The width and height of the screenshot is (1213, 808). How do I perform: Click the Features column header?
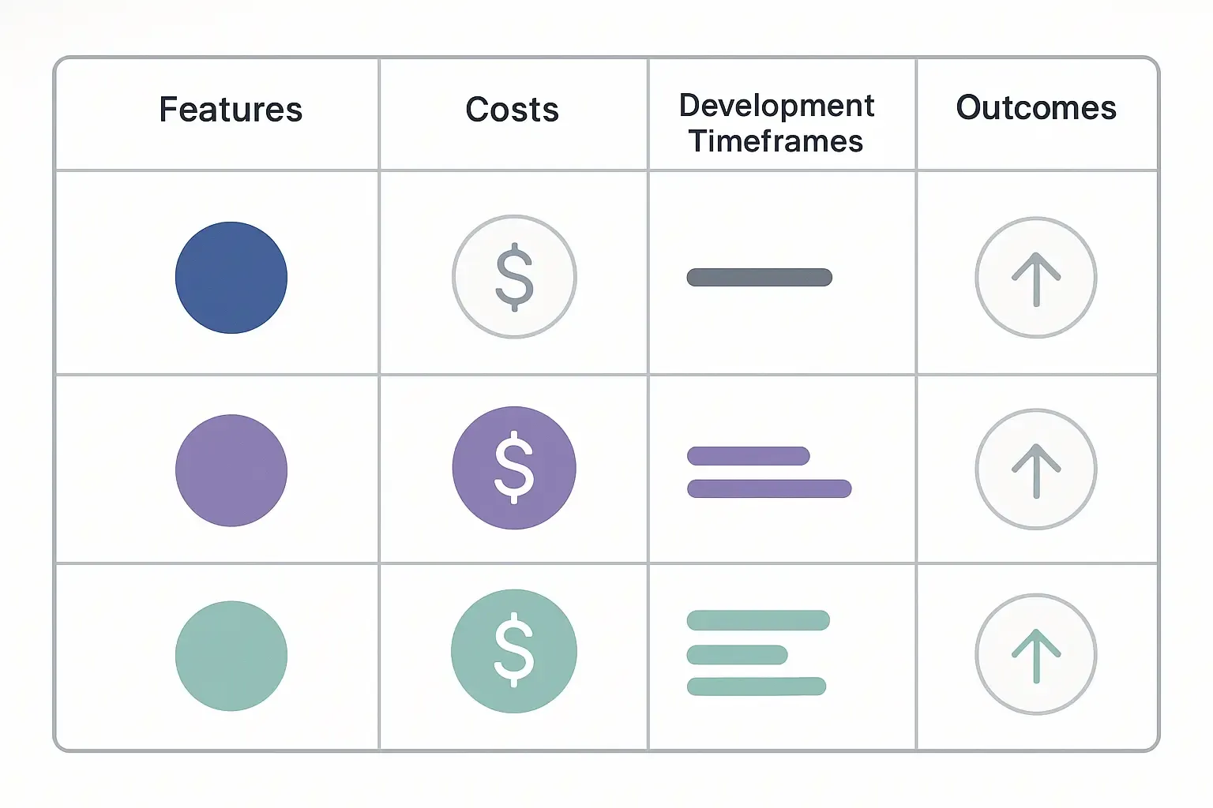231,110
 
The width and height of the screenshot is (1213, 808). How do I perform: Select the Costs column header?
513,110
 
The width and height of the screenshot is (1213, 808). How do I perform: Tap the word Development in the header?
776,106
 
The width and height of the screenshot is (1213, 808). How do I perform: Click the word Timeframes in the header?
775,141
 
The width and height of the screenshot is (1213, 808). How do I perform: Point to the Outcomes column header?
1036,108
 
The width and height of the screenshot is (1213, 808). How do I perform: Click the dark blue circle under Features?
231,278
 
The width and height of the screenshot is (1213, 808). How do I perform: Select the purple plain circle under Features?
231,470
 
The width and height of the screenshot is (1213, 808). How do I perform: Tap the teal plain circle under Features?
231,656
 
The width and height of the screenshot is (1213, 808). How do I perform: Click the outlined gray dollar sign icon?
514,277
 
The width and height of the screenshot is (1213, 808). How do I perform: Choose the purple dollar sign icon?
514,467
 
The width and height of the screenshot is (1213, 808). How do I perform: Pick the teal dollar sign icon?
514,651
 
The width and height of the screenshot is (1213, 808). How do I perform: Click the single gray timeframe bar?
760,277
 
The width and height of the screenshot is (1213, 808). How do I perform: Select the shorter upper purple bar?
749,456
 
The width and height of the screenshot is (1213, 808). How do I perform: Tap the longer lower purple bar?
769,488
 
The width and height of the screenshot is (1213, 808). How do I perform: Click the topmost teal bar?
758,620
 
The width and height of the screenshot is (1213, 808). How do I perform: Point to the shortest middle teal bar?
738,655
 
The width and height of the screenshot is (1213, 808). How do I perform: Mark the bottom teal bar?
757,686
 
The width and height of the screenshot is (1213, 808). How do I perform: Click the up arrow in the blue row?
1036,278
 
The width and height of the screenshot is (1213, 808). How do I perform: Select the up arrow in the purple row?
1036,469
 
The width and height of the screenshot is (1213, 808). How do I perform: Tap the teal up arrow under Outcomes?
1036,654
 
